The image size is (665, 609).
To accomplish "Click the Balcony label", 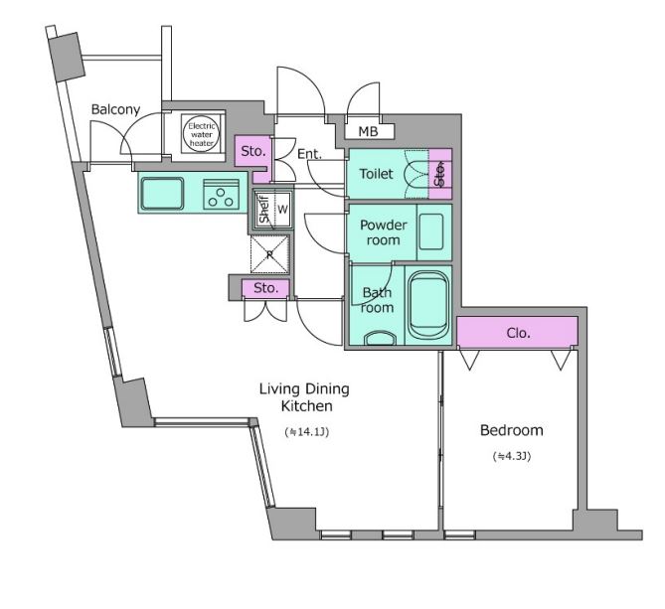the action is [x=115, y=109].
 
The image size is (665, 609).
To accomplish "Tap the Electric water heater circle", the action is [x=202, y=134].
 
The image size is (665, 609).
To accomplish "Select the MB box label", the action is [x=368, y=131].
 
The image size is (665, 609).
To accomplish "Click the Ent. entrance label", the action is [x=309, y=154].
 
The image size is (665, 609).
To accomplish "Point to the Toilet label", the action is [x=376, y=174].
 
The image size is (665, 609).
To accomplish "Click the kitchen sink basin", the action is [x=163, y=194].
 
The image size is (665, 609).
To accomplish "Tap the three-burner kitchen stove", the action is [x=221, y=195].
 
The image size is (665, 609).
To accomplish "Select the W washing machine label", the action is [x=282, y=209].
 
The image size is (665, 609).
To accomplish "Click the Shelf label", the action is [x=264, y=209].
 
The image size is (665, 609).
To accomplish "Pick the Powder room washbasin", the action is [x=431, y=231].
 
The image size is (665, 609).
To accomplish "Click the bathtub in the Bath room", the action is [x=428, y=305].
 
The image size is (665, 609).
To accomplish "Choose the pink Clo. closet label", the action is [x=518, y=333].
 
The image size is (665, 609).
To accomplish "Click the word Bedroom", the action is [x=512, y=430].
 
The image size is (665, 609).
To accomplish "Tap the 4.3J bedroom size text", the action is [x=512, y=456].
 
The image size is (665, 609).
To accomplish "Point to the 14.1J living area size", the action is [x=306, y=432].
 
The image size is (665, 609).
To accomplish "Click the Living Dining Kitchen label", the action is [x=304, y=397].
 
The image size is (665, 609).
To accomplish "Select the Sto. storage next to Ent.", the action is [x=253, y=151].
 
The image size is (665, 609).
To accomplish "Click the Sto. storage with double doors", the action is [x=266, y=288].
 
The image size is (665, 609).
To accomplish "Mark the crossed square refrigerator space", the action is [x=269, y=254].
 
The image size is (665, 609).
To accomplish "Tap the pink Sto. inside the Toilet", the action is [x=439, y=174].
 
